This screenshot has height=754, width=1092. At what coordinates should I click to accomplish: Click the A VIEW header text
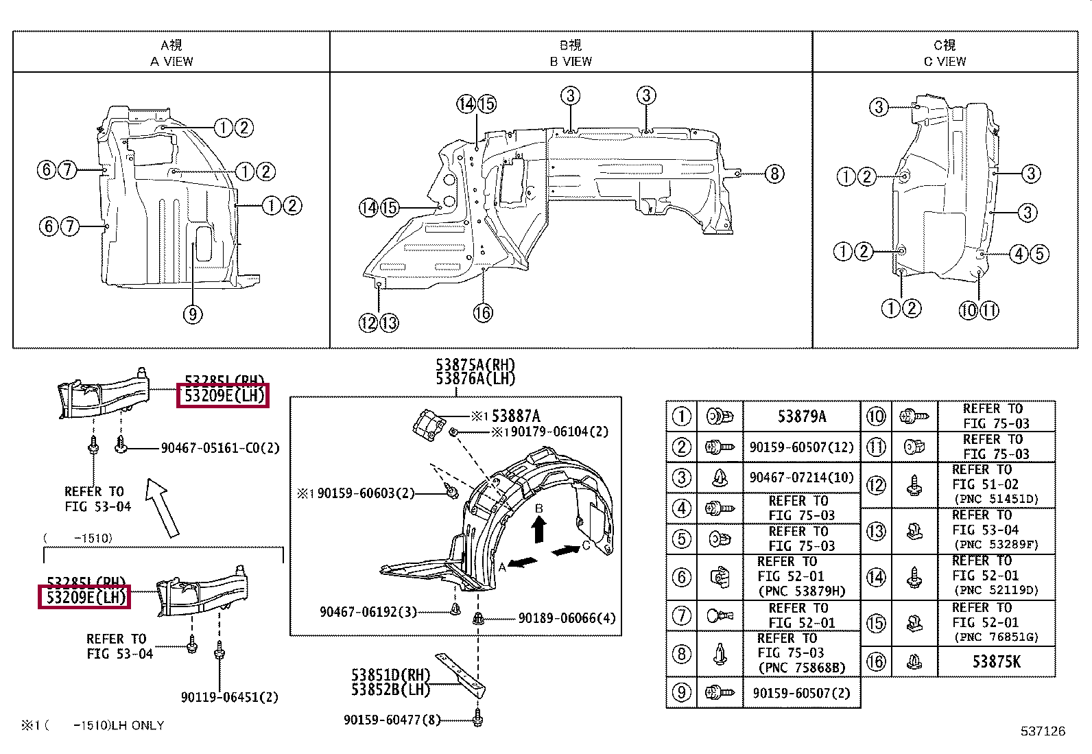171,61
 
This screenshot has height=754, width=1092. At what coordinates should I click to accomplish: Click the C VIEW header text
945,61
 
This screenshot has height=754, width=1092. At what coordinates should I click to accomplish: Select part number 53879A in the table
801,416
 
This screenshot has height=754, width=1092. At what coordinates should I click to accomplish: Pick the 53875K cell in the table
996,661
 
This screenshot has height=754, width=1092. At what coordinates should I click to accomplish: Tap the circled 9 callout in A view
193,314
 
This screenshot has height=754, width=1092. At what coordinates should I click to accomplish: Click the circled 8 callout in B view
774,174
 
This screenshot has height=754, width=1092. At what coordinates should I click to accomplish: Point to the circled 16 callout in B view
483,313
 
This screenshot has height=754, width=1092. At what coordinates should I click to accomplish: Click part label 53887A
516,416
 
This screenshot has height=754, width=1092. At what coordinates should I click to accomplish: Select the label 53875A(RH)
475,365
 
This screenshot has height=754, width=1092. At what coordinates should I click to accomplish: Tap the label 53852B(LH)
390,690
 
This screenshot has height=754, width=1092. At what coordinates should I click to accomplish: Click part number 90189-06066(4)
567,618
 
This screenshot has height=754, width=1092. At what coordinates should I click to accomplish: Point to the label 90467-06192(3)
368,611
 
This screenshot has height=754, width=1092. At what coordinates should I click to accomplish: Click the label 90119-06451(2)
229,697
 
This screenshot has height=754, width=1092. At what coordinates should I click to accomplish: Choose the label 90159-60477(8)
392,720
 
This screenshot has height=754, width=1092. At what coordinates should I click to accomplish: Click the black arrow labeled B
539,528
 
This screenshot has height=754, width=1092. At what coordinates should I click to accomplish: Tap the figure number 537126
1043,731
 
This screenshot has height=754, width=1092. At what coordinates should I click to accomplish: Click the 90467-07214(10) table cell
801,478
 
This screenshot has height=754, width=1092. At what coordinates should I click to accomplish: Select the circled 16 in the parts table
876,661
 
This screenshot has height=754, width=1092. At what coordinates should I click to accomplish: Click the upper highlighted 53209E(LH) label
223,395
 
